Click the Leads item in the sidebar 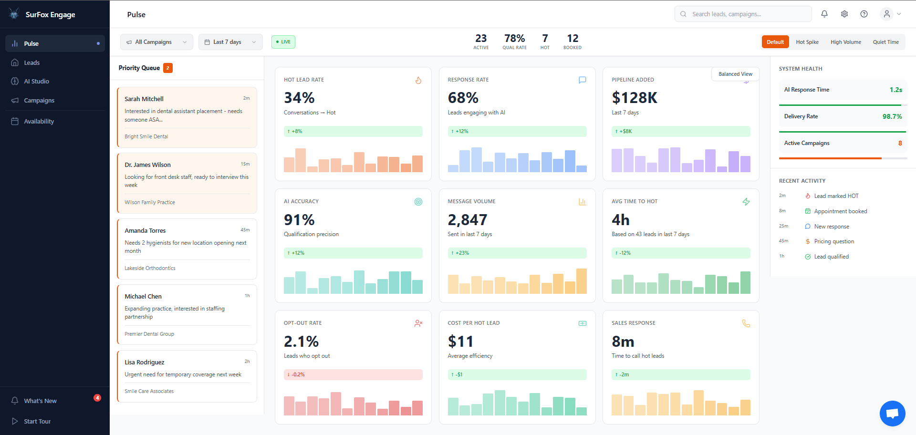pos(31,62)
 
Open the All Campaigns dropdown pos(156,42)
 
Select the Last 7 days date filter pos(230,42)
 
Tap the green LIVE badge pos(283,42)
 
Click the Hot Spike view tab pos(807,42)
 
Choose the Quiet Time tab pos(885,42)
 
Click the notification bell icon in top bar pos(824,14)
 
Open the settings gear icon pos(844,14)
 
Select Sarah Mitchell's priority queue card pos(187,117)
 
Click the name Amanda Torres pos(145,230)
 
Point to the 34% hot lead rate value pos(299,98)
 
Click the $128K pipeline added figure pos(634,98)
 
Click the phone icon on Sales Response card pos(746,323)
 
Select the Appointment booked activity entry pos(840,211)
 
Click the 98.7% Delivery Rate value pos(892,116)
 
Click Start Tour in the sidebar pos(37,421)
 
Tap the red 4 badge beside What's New pos(97,398)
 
